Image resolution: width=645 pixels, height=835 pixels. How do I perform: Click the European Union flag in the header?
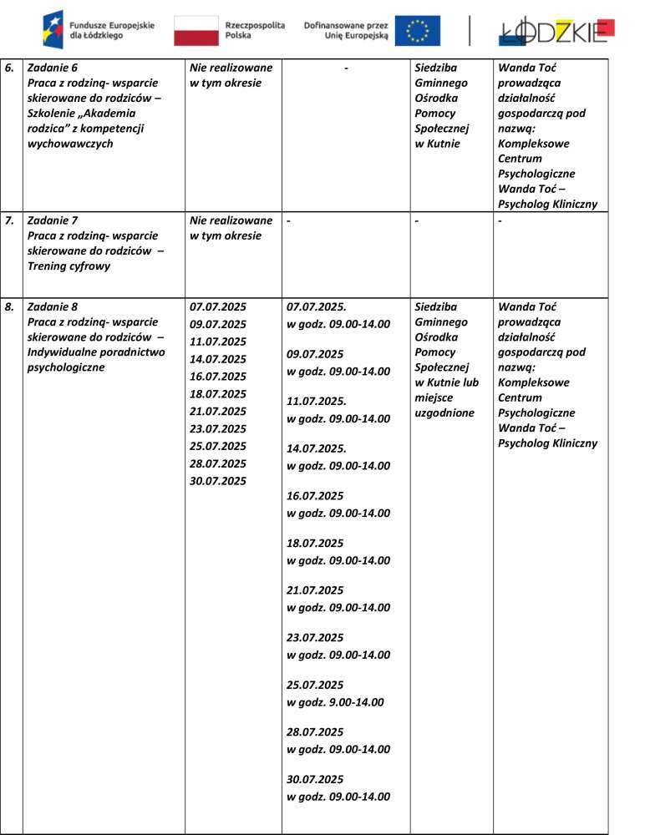click(x=417, y=31)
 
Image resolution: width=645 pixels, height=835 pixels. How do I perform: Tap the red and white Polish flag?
click(x=196, y=31)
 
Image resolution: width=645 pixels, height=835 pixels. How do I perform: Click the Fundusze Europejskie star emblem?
click(x=53, y=30)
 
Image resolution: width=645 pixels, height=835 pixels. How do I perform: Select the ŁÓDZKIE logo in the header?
click(x=556, y=31)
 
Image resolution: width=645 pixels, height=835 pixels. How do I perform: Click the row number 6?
click(x=9, y=67)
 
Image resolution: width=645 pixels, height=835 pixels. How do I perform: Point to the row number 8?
click(x=9, y=306)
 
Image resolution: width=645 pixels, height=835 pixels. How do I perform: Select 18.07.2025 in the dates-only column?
click(x=218, y=393)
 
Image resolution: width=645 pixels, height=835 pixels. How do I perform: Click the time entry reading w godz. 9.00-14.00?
click(x=335, y=702)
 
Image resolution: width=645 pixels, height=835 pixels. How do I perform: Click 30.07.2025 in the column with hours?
click(x=315, y=779)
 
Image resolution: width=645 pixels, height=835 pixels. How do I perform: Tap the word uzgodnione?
click(x=444, y=412)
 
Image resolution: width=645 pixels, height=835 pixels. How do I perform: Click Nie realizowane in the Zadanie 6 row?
click(x=231, y=68)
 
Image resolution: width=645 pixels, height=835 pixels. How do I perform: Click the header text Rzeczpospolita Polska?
click(x=255, y=32)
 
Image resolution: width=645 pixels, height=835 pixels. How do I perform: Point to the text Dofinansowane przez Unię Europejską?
click(x=346, y=32)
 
